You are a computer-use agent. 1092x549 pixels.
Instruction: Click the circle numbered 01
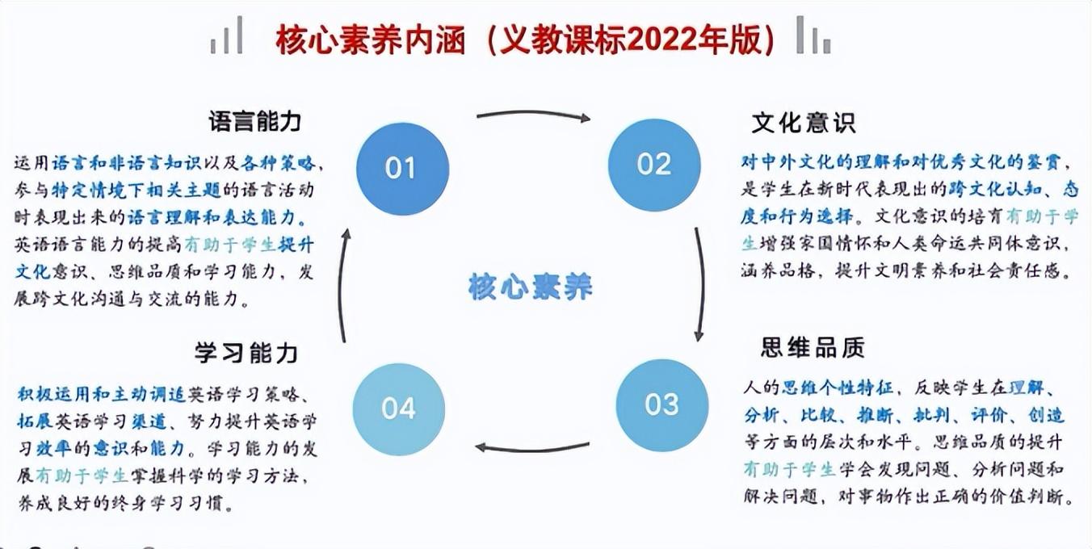click(401, 168)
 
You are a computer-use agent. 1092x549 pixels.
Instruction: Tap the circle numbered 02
click(653, 165)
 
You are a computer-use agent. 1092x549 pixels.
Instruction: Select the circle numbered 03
click(661, 404)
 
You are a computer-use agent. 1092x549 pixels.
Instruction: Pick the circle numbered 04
click(399, 409)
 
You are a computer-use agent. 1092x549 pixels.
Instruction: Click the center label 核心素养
click(531, 287)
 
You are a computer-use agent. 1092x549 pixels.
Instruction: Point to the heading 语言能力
click(254, 122)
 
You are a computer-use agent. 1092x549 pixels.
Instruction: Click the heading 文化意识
click(803, 123)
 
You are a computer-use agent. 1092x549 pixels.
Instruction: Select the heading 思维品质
click(812, 347)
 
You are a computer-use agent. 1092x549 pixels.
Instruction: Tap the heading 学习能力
click(247, 353)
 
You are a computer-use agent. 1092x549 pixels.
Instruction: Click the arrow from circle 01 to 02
click(533, 115)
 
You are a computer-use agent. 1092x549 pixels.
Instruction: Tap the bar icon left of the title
click(227, 36)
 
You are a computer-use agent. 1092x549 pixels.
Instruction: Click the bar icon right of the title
click(812, 36)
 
